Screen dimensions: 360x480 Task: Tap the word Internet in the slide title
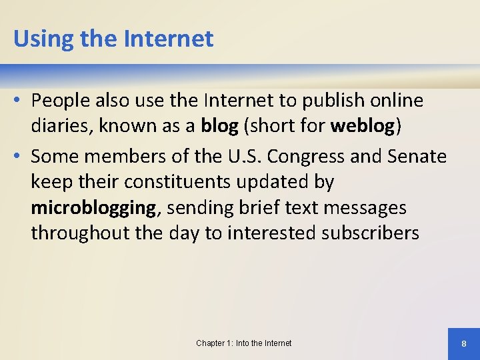[x=169, y=39]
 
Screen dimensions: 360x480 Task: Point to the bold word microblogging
[x=93, y=208]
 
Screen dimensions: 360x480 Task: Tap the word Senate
[x=411, y=156]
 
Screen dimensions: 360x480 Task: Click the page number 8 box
[x=463, y=343]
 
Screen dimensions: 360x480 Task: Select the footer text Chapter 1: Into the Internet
[x=243, y=343]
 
